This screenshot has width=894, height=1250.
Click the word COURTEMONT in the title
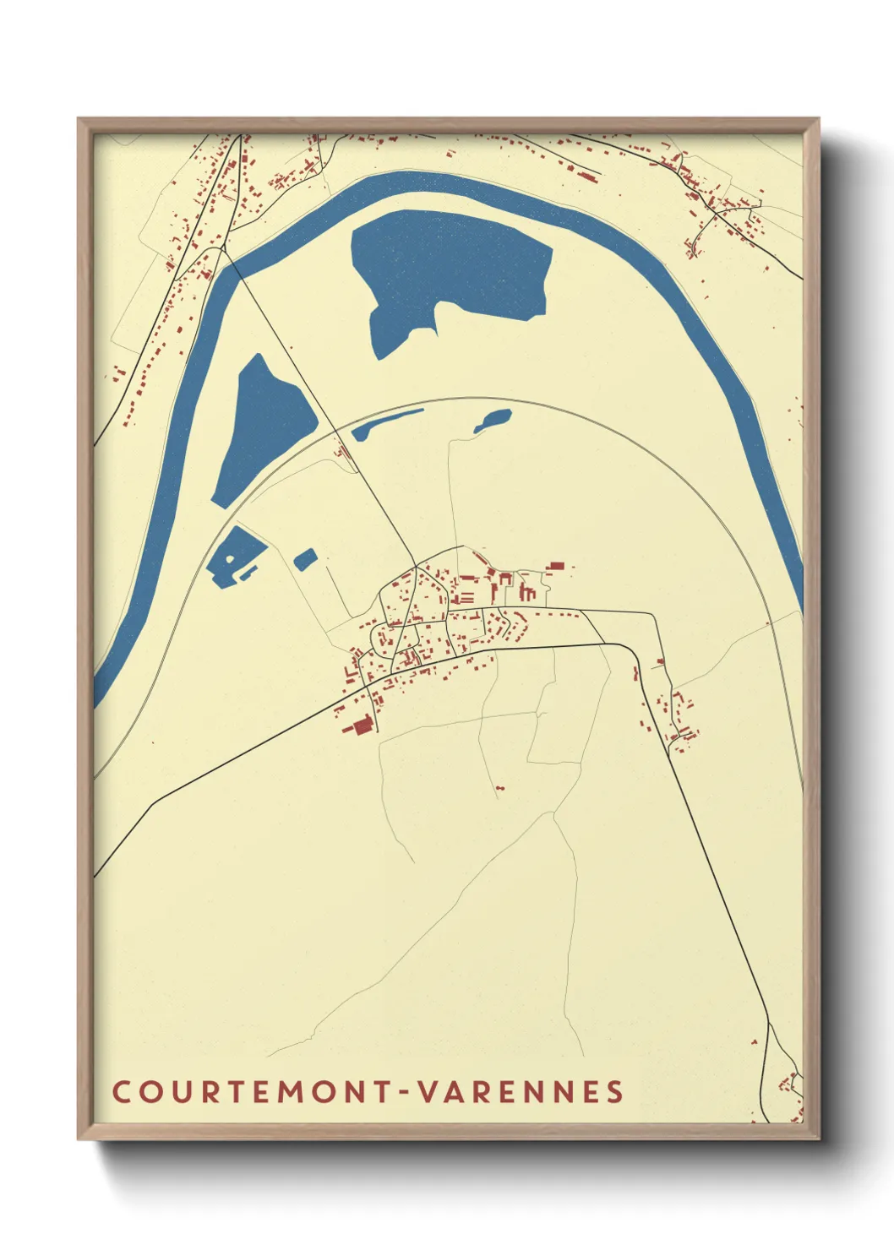coord(251,1091)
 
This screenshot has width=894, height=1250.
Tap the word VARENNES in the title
coord(521,1091)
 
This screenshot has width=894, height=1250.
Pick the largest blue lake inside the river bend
coord(448,270)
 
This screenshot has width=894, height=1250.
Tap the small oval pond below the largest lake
coord(493,420)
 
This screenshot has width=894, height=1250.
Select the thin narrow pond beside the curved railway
coord(386,424)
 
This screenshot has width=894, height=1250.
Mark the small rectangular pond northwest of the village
coord(305,558)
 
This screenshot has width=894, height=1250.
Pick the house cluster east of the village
coord(681,718)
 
